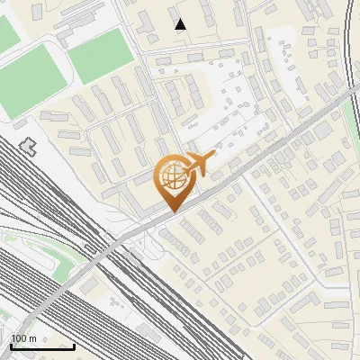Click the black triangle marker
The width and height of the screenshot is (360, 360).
coord(181,24)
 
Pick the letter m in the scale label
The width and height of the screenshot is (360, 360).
coord(33,338)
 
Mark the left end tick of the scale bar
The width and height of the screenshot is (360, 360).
coord(11,345)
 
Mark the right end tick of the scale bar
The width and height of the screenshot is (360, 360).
coord(75,345)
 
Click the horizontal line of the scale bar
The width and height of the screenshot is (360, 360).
coord(42,346)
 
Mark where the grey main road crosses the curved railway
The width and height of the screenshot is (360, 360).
coord(352,93)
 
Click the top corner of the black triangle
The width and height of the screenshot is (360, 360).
coord(181,19)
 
